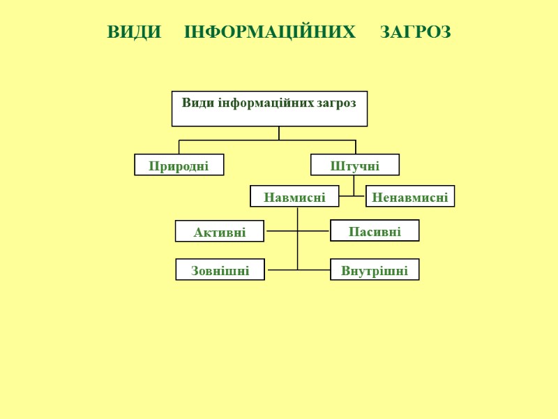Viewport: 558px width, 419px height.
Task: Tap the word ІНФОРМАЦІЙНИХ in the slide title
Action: pos(269,32)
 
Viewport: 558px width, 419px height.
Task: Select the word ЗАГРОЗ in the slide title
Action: pos(416,32)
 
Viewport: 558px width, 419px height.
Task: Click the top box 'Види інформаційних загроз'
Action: pos(269,109)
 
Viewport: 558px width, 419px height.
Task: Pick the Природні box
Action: pos(179,166)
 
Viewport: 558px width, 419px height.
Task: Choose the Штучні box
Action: pos(354,166)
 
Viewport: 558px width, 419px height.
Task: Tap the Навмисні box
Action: pos(294,197)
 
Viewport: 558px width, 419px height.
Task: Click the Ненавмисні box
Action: pos(410,197)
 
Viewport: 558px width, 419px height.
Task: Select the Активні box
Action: pos(220,232)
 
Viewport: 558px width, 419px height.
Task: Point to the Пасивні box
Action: pos(375,231)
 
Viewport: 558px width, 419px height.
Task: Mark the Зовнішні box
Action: pos(220,270)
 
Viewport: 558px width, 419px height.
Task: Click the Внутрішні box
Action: pos(375,270)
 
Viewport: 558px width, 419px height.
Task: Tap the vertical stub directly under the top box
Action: pos(279,133)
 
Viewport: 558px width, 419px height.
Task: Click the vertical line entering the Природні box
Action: pos(179,147)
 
